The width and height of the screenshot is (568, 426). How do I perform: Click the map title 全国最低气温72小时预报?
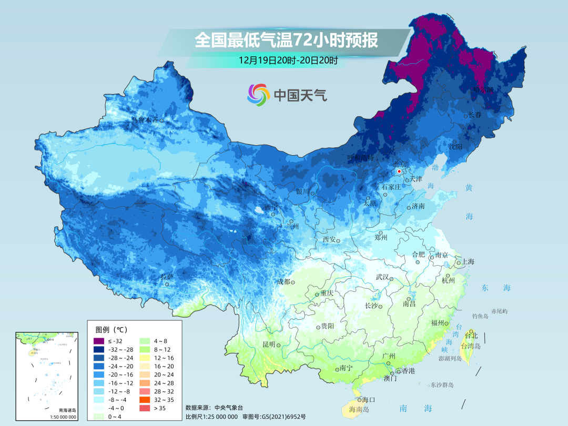click(286, 40)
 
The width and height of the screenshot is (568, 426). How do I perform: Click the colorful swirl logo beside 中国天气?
click(258, 95)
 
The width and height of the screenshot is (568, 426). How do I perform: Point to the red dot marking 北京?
click(400, 171)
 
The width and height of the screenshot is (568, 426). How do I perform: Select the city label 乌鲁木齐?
click(145, 120)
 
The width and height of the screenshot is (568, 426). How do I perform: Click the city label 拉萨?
click(167, 277)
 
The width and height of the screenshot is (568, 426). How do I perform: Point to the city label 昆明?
click(268, 344)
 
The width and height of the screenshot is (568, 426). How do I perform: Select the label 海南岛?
click(359, 409)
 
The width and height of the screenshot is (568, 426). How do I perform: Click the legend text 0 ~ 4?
click(115, 417)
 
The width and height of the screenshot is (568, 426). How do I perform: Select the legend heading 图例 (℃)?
click(110, 330)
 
